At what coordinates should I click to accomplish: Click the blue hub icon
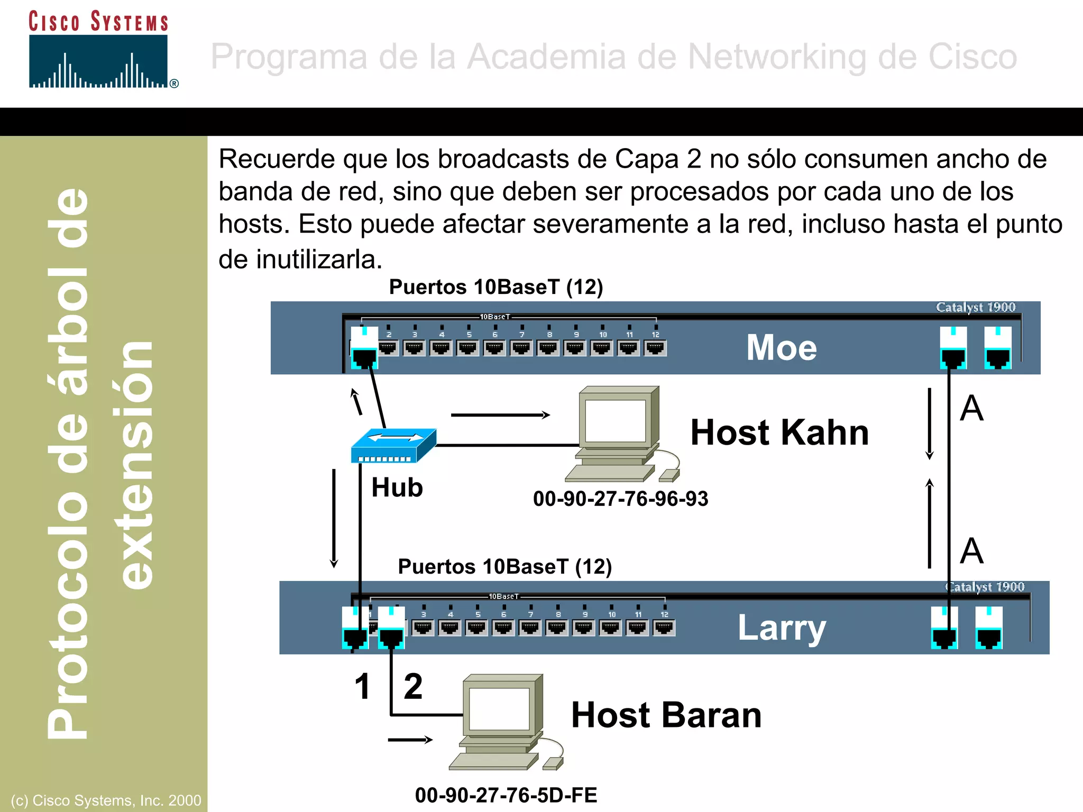pos(393,446)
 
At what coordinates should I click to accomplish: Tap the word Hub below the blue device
pos(397,487)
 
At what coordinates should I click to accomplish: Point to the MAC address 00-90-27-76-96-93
pos(620,499)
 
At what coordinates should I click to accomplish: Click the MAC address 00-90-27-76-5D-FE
pos(506,795)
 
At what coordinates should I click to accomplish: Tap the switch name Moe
pos(781,348)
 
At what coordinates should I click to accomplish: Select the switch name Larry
pos(781,628)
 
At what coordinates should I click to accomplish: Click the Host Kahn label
pos(779,432)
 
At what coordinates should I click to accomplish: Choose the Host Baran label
pos(666,715)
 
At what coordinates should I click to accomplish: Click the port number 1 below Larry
pos(362,687)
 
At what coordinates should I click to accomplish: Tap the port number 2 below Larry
pos(413,687)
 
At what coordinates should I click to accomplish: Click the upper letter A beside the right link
pos(971,409)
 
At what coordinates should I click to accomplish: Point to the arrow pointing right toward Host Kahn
pos(500,415)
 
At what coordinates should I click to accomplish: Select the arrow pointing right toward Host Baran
pos(410,740)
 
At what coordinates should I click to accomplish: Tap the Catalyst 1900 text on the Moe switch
pos(976,307)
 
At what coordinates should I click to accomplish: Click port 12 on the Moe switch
pos(655,347)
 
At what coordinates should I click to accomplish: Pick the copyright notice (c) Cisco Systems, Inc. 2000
pos(106,800)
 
